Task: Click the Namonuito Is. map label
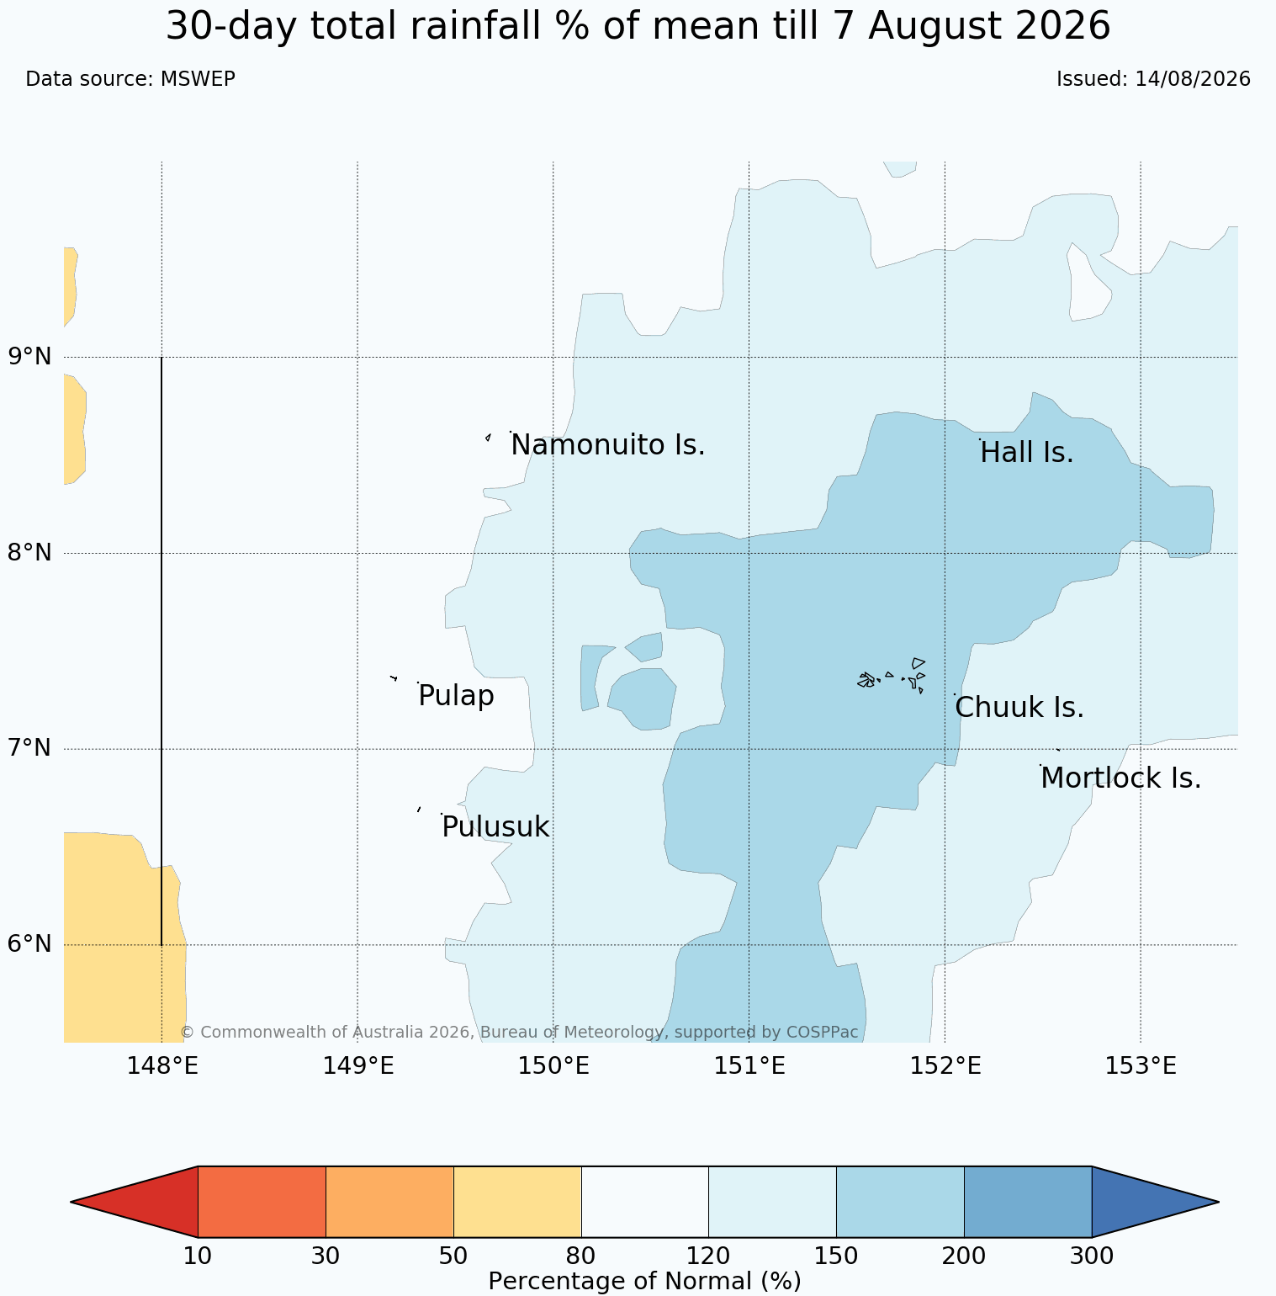point(608,444)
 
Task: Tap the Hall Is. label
point(1027,453)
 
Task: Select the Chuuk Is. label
point(1019,708)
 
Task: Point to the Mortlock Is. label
point(1120,778)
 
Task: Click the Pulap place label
point(456,696)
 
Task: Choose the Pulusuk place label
point(495,827)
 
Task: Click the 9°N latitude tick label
point(29,356)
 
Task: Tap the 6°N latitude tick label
point(29,944)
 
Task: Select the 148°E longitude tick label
point(162,1065)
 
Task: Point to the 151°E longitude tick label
point(749,1065)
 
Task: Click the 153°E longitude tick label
point(1141,1065)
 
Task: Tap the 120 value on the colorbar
point(709,1256)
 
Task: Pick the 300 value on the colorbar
point(1092,1256)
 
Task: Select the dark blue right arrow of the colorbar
point(1144,1202)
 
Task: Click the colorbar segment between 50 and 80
point(517,1202)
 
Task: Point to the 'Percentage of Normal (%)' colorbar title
point(644,1281)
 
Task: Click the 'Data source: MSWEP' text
point(130,79)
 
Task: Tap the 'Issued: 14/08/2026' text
point(1153,79)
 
